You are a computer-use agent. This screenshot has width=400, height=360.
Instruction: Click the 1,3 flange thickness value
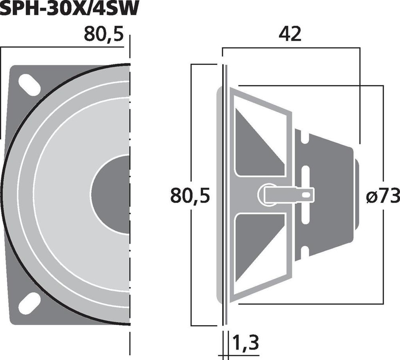tap(245, 343)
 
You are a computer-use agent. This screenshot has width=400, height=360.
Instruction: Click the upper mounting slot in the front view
tap(29, 84)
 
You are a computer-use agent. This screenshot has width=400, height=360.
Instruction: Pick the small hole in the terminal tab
tap(307, 195)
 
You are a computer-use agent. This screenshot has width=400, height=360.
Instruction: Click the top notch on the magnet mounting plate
tap(306, 139)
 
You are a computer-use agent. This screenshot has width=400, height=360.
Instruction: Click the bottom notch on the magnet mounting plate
tap(306, 251)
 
